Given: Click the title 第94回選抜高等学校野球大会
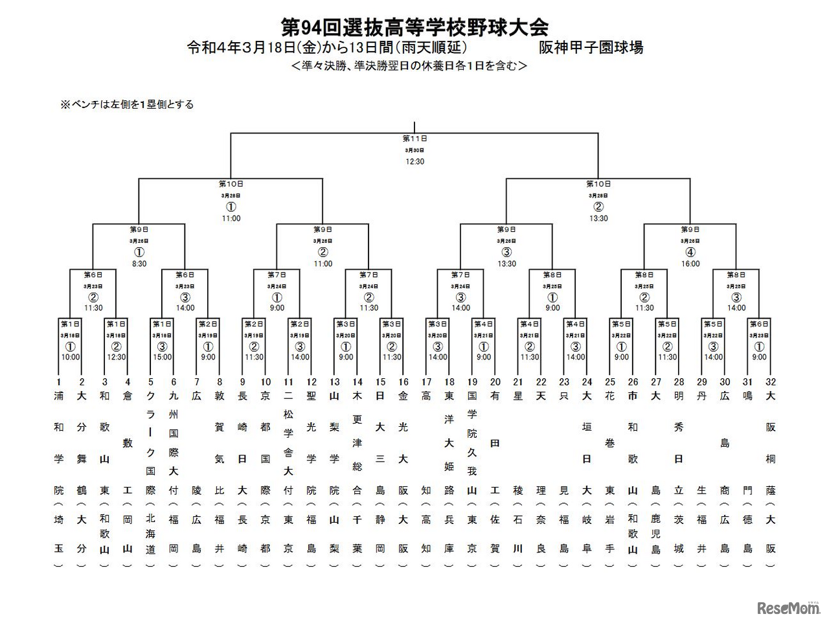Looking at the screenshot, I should click(x=414, y=27).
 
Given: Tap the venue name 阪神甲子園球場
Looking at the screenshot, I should click(x=591, y=48).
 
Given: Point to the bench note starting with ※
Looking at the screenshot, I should click(x=127, y=104).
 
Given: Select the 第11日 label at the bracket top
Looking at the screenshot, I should click(x=414, y=139).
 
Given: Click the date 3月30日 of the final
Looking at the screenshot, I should click(x=414, y=150).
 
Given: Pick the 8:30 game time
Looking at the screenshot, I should click(x=139, y=264).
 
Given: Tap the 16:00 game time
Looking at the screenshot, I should click(x=690, y=264).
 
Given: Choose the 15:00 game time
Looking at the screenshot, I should click(x=163, y=357).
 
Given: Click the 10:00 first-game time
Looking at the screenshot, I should click(x=71, y=357).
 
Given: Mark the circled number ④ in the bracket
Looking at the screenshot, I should click(x=690, y=253).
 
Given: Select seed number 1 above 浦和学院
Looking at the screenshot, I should click(x=59, y=382).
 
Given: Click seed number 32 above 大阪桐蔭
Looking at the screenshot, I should click(x=771, y=382).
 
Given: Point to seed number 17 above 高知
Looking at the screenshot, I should click(x=426, y=382).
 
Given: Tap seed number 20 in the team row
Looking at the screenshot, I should click(x=495, y=382).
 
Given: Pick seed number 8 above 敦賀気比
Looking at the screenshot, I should click(x=220, y=382).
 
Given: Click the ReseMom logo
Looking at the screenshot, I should click(x=788, y=607).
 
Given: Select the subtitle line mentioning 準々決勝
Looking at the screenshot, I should click(x=409, y=66).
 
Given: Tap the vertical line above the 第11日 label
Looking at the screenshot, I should click(x=414, y=127).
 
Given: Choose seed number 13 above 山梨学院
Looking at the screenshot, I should click(x=334, y=382).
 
